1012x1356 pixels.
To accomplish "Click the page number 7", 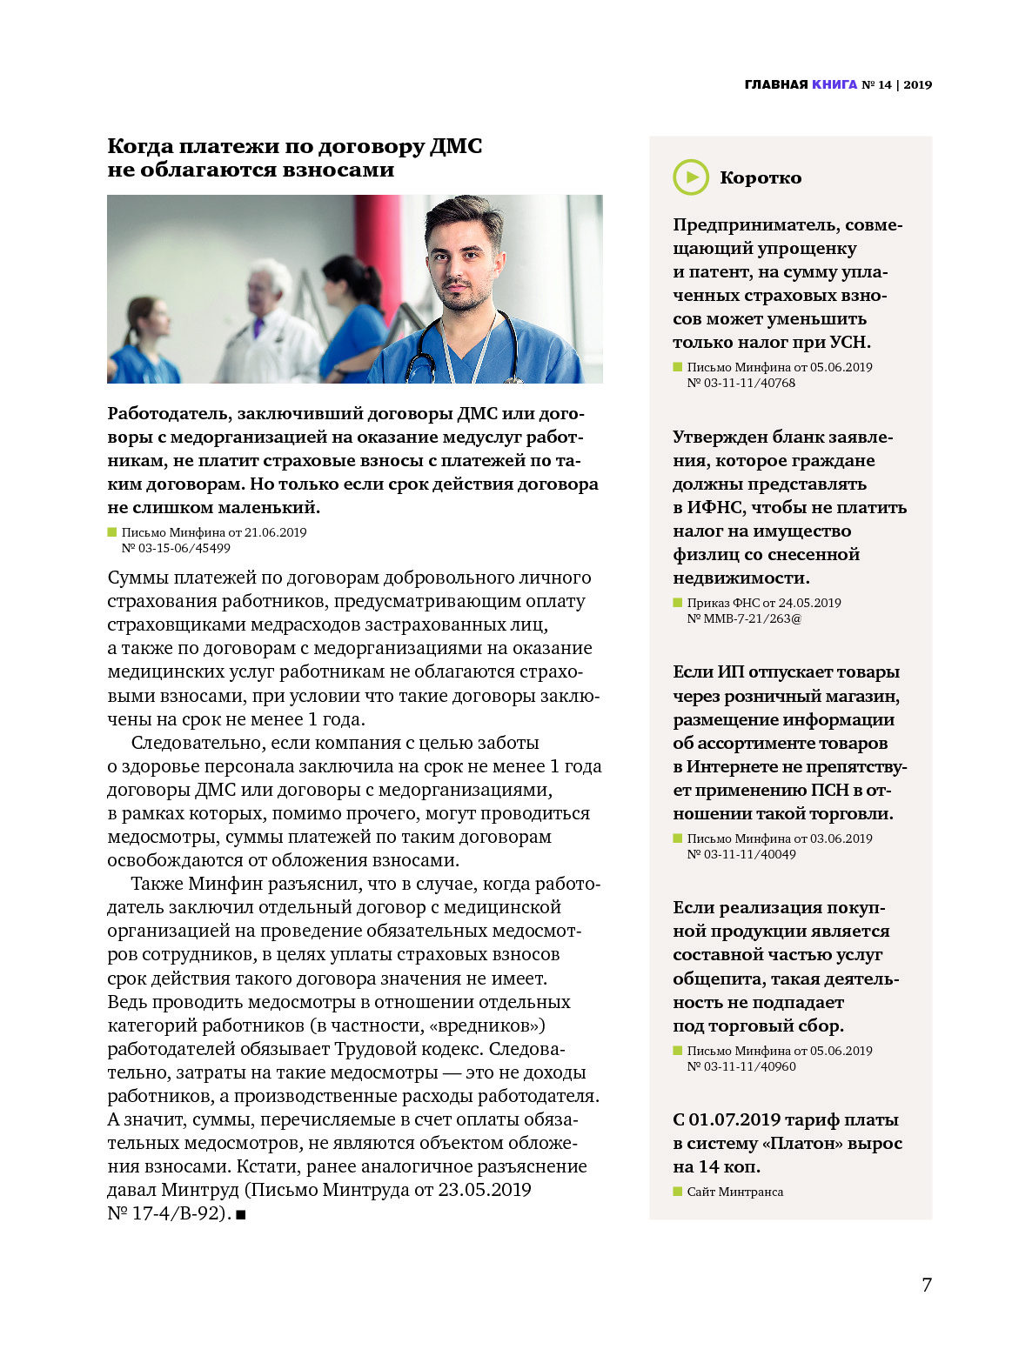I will [927, 1285].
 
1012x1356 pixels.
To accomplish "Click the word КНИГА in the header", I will [834, 84].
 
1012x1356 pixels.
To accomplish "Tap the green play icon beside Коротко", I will [691, 177].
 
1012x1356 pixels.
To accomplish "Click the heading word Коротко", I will [761, 177].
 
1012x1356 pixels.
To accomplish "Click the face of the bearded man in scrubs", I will [461, 261].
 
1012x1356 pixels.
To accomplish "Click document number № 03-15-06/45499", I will [176, 548].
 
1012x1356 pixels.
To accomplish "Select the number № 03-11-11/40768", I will [741, 383].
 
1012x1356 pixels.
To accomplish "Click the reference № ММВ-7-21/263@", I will [744, 618].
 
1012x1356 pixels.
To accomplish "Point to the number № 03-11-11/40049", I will [741, 854].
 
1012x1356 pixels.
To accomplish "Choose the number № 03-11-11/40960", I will [741, 1066].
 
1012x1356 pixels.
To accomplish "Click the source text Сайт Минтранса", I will [735, 1192].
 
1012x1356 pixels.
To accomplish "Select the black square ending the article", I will [241, 1214].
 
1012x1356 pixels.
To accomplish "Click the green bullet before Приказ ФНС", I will [678, 602].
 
